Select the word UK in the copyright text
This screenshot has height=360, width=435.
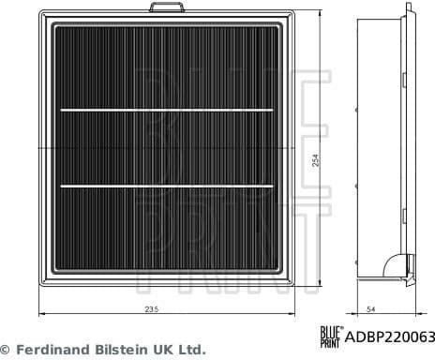click(164, 349)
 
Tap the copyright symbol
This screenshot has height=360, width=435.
click(7, 349)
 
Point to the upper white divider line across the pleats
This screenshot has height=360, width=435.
click(165, 112)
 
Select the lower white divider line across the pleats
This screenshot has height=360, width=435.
click(165, 186)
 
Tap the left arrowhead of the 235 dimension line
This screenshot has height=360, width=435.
click(38, 317)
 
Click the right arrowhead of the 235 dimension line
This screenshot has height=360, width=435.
click(292, 317)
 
